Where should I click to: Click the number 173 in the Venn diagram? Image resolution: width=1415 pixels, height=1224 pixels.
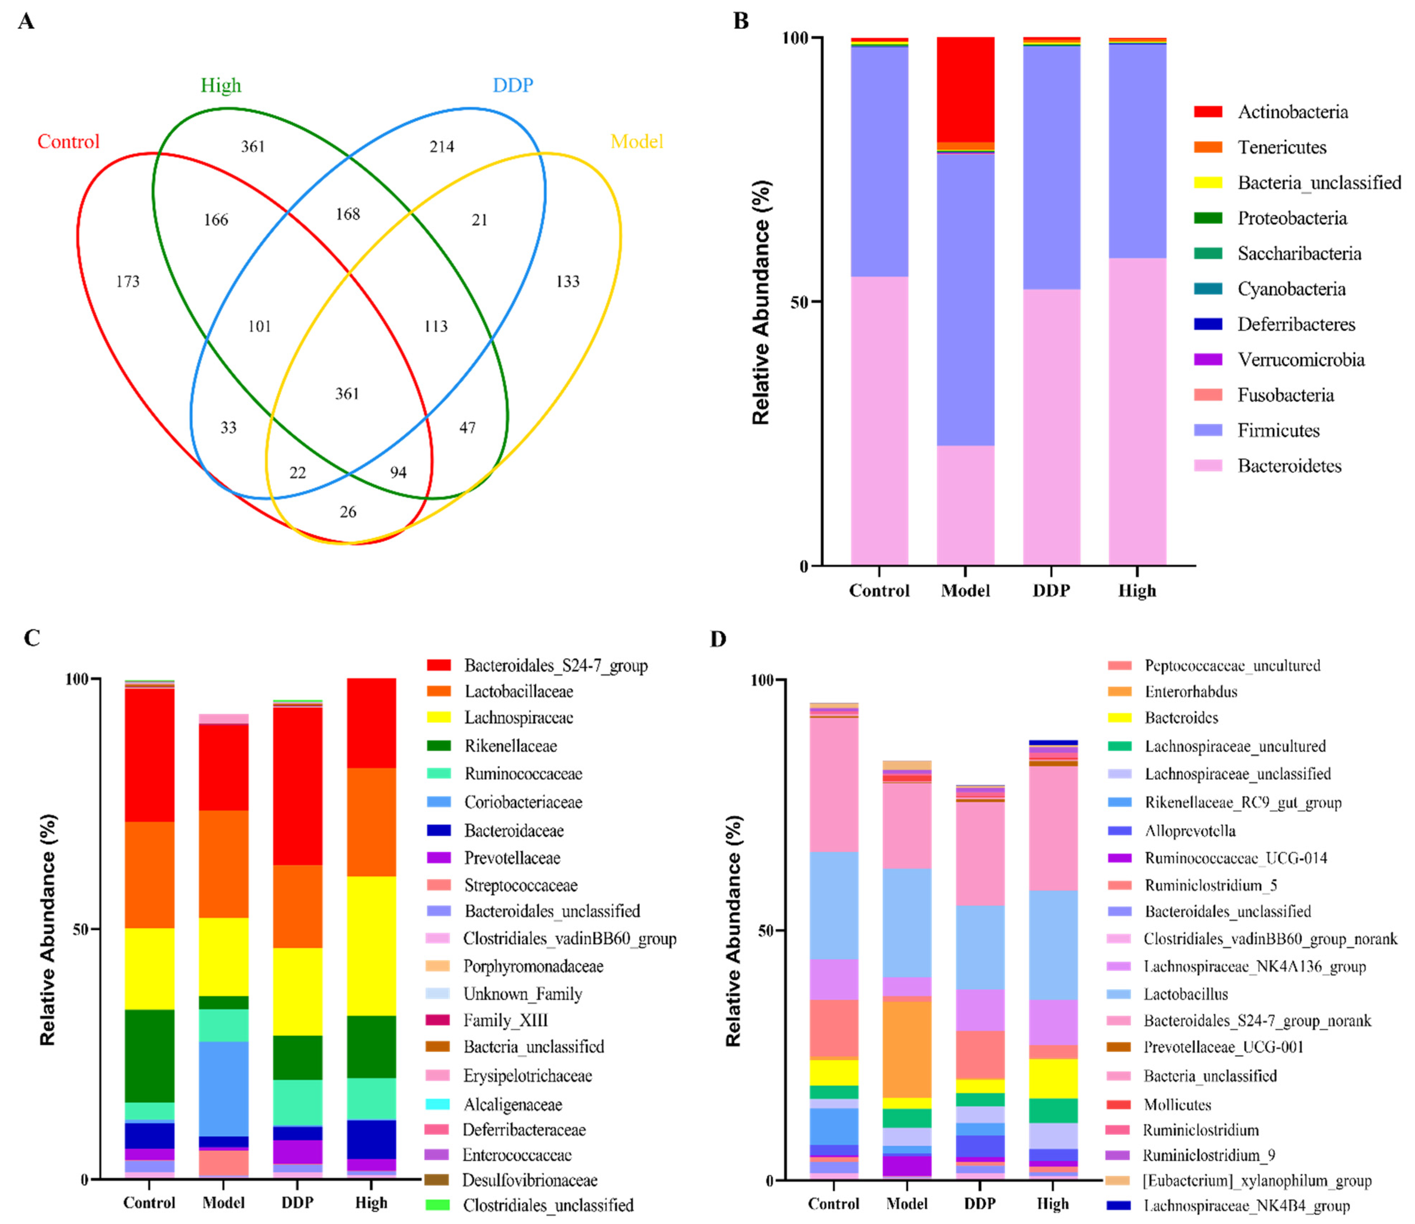pyautogui.click(x=128, y=281)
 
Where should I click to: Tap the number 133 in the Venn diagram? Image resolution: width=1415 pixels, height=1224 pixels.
pyautogui.click(x=568, y=281)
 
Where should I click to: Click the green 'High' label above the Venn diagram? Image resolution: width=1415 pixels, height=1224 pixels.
pyautogui.click(x=220, y=85)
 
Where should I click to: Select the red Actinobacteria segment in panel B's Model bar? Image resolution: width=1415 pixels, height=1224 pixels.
pyautogui.click(x=965, y=89)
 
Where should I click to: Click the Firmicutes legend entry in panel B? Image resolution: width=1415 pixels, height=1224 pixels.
pyautogui.click(x=1278, y=430)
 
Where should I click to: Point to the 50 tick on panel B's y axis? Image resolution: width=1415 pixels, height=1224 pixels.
pyautogui.click(x=798, y=302)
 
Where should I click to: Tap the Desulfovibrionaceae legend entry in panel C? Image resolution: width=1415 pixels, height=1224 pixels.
pyautogui.click(x=529, y=1180)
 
